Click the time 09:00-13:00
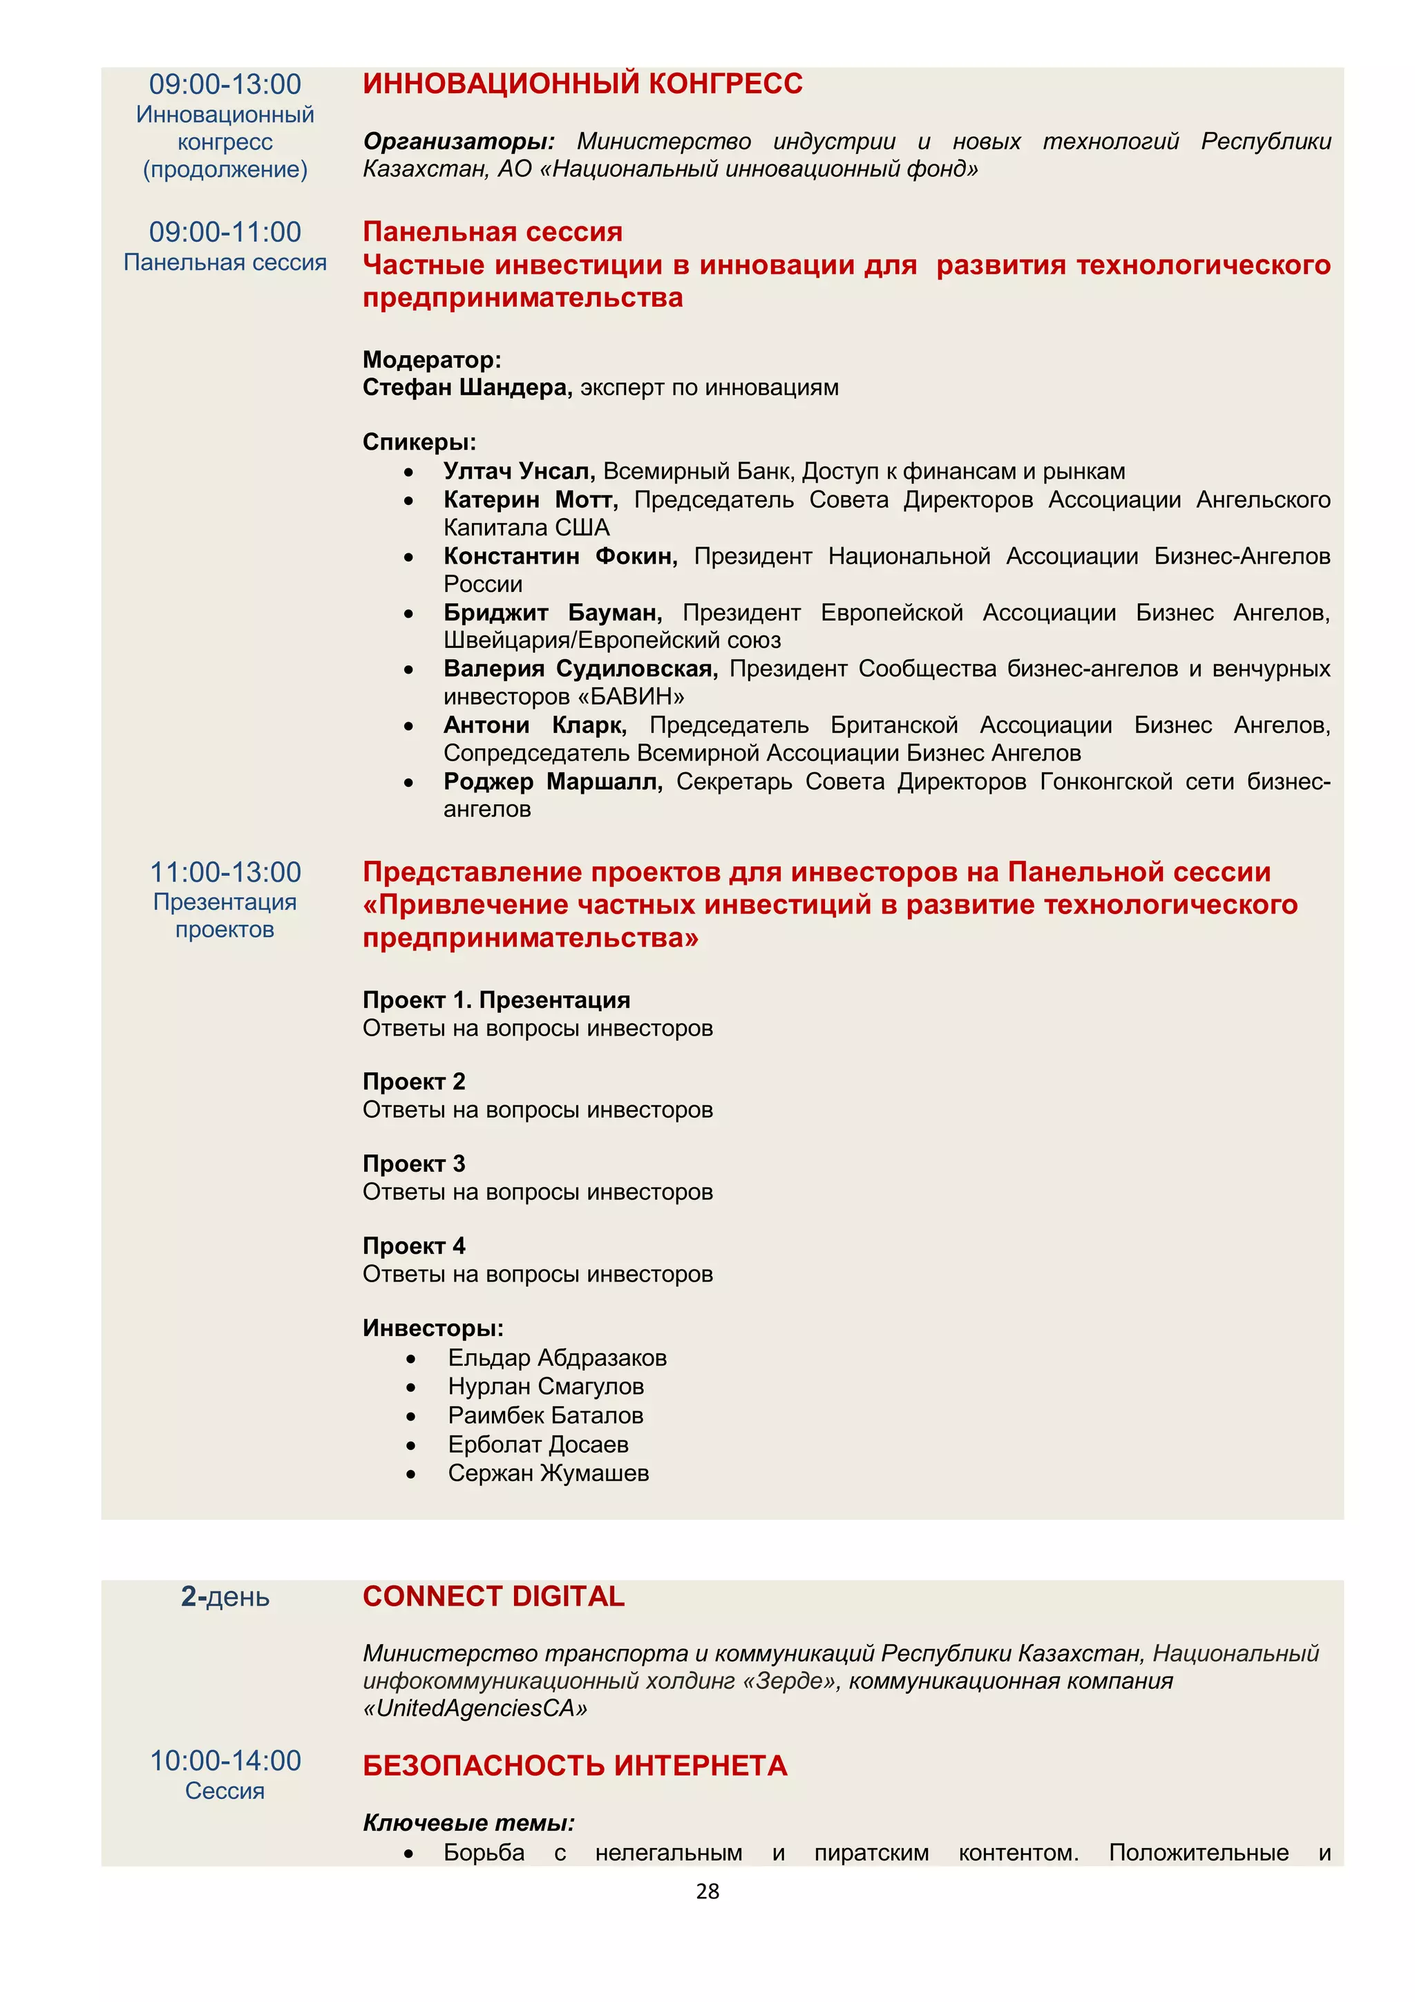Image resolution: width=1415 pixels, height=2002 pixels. pos(225,84)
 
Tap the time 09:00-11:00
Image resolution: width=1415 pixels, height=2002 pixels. pos(225,232)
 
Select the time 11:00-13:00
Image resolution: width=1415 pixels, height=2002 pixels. pos(225,872)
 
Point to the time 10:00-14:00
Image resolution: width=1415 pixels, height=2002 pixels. pos(225,1760)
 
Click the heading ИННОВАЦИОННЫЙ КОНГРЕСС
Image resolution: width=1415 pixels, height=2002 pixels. pos(582,84)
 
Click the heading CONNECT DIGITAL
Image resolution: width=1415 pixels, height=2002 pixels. pos(493,1596)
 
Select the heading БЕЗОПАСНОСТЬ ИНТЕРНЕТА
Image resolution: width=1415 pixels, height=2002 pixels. pos(575,1766)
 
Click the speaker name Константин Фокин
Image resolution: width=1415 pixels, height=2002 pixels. pos(560,556)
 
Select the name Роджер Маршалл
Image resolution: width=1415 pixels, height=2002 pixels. pos(553,781)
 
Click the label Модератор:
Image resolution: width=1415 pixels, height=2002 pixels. pos(432,359)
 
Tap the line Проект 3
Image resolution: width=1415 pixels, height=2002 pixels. pos(414,1164)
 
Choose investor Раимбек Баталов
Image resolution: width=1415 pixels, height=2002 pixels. pos(546,1415)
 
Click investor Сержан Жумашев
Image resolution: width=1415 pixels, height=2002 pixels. pos(549,1474)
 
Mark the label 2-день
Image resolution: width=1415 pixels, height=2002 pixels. pos(225,1596)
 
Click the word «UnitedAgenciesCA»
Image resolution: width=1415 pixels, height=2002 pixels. pos(475,1708)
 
